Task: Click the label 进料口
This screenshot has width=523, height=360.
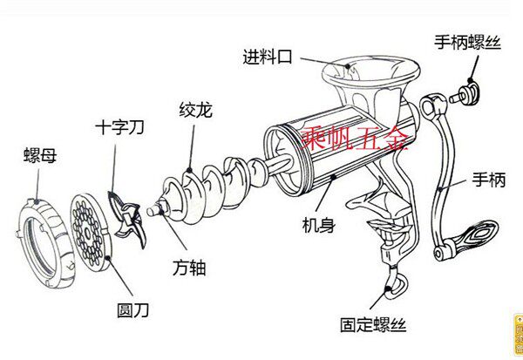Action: coord(270,58)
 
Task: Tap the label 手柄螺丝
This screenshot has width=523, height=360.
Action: coord(467,42)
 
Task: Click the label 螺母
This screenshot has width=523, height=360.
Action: coord(38,159)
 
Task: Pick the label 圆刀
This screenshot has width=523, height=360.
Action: coord(133,308)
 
